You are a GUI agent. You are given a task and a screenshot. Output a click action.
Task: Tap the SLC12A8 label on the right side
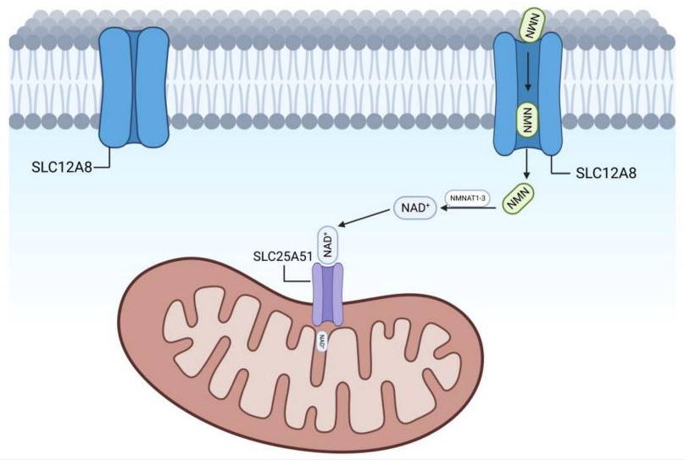click(606, 174)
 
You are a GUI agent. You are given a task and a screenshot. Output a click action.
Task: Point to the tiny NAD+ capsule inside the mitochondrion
click(323, 341)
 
